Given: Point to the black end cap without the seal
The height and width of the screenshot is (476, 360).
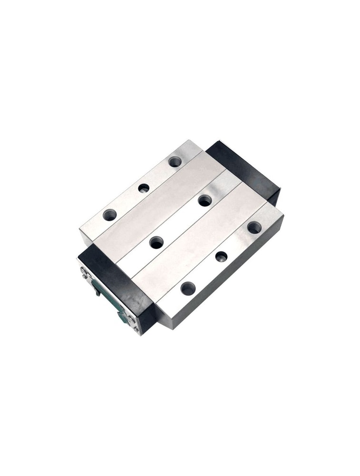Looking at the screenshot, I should coord(245,169).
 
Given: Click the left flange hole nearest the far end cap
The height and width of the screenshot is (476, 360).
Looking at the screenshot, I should coord(175,161).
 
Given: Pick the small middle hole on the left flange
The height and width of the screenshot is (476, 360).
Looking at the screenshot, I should coord(144,188).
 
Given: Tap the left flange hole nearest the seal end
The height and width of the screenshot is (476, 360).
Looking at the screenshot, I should coord(109,215).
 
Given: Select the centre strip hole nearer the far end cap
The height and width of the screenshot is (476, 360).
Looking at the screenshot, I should coord(205,200).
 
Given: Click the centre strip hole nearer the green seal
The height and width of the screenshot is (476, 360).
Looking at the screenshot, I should coord(156,242).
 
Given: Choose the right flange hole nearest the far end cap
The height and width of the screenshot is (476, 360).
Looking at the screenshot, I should coord(254,227).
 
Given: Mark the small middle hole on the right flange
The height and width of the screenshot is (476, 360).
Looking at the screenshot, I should coord(221,257).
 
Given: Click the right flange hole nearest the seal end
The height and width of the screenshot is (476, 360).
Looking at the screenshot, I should coord(188,288).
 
